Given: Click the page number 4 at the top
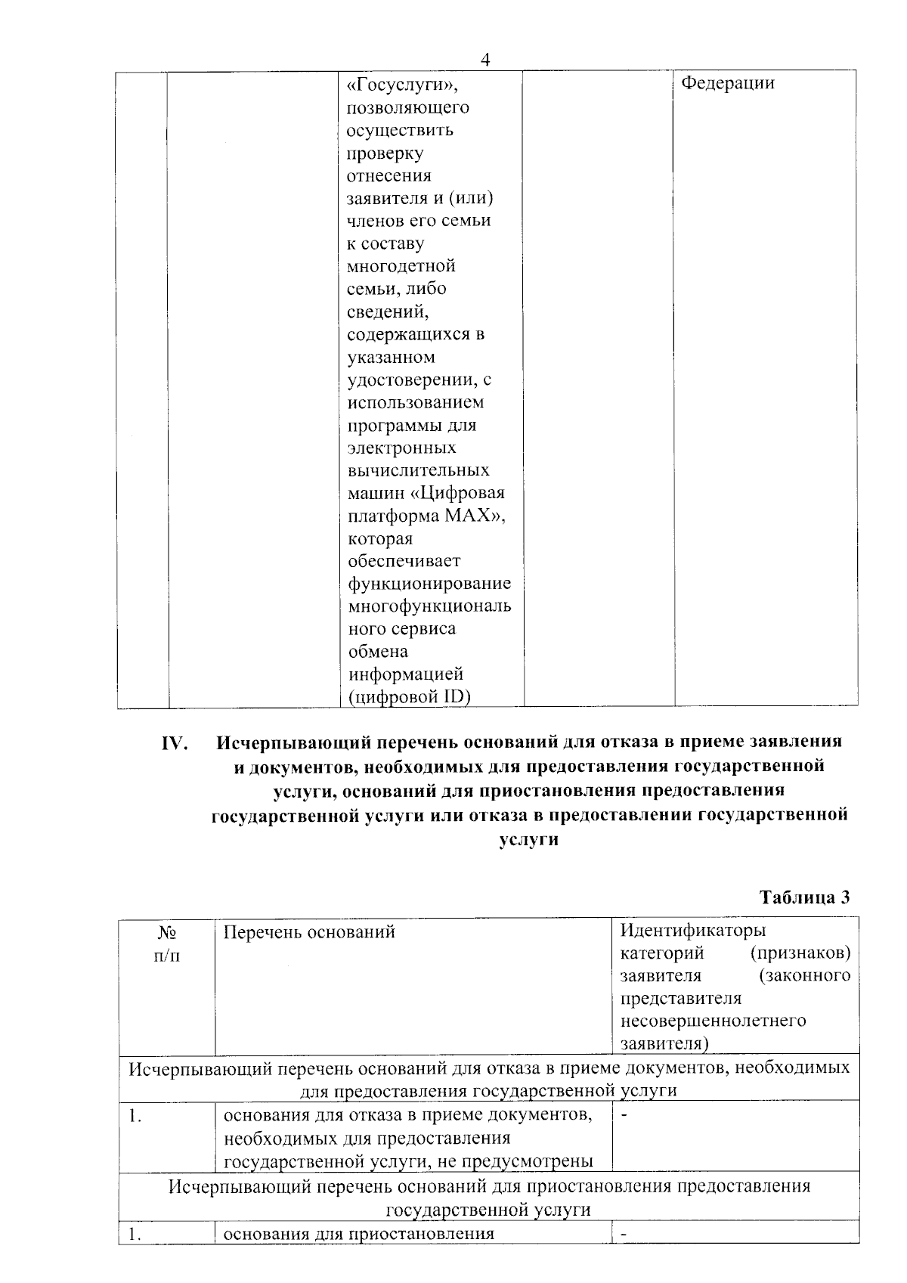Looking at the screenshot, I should (x=486, y=60).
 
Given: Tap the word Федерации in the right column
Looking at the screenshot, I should (x=728, y=83).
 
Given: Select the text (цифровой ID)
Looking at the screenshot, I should (x=409, y=696).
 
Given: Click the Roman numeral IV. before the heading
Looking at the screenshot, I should (x=175, y=743).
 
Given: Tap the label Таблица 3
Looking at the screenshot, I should (x=804, y=897).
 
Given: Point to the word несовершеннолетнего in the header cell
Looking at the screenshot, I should (x=713, y=1021).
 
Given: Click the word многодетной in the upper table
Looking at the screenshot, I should (x=401, y=266).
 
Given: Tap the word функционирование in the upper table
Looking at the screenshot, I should (x=429, y=584).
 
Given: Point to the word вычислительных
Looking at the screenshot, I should (x=418, y=470).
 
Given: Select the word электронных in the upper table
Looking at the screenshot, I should (x=401, y=448).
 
